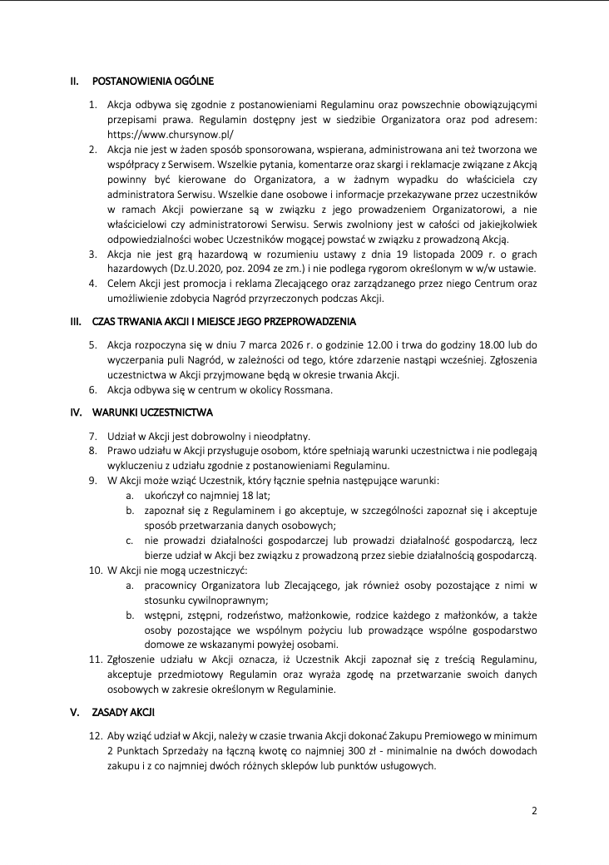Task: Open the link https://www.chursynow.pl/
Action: (170, 134)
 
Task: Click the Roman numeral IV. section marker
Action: (76, 412)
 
